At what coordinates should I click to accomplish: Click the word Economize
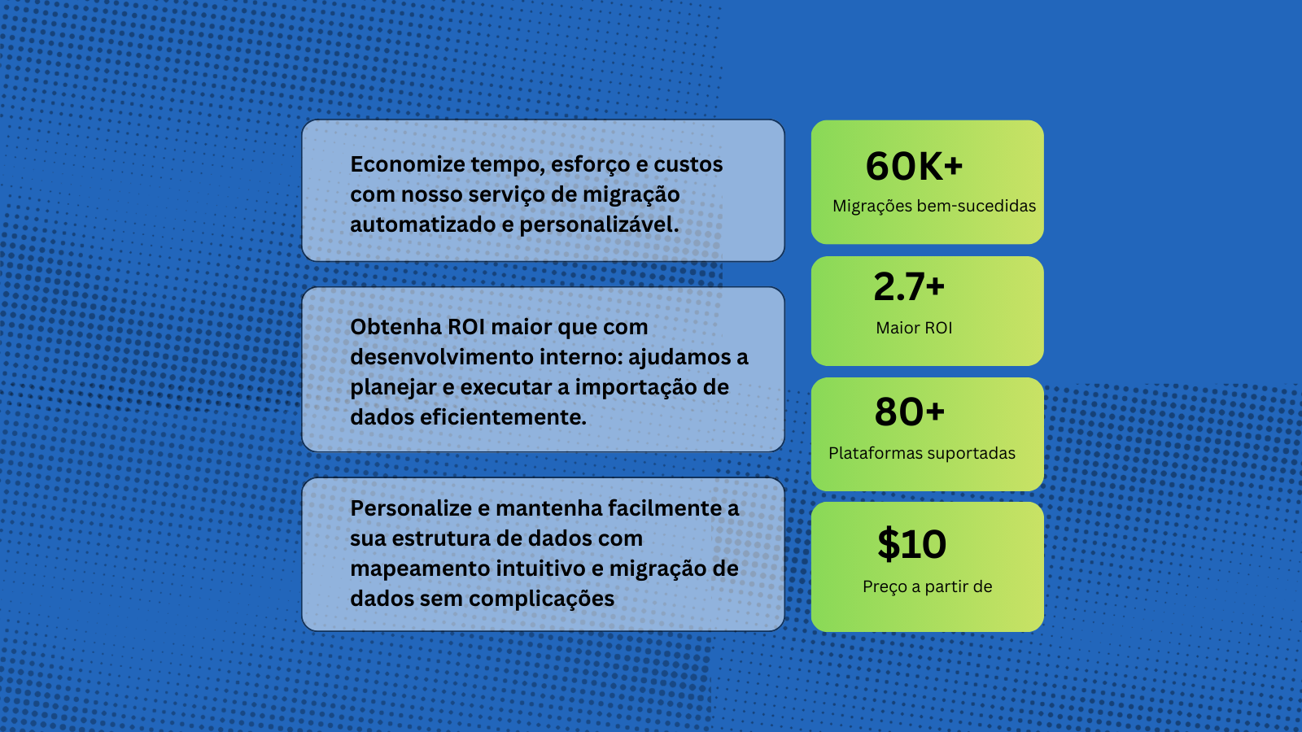tap(407, 164)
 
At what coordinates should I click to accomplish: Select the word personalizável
tap(599, 224)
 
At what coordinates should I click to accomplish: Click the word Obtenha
tap(395, 326)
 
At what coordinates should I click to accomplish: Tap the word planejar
tap(393, 388)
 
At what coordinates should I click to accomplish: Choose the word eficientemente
tap(503, 417)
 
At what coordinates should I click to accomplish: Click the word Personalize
tap(411, 508)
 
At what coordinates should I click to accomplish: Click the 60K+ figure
tap(914, 166)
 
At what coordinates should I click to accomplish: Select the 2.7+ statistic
tap(909, 287)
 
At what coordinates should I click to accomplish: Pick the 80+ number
tap(910, 412)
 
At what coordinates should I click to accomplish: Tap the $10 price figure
tap(912, 544)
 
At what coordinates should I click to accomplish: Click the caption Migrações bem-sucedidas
tap(934, 207)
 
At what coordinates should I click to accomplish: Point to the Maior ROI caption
tap(914, 329)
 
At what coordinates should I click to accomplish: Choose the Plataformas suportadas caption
tap(922, 453)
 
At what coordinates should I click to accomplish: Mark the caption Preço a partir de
tap(927, 586)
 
